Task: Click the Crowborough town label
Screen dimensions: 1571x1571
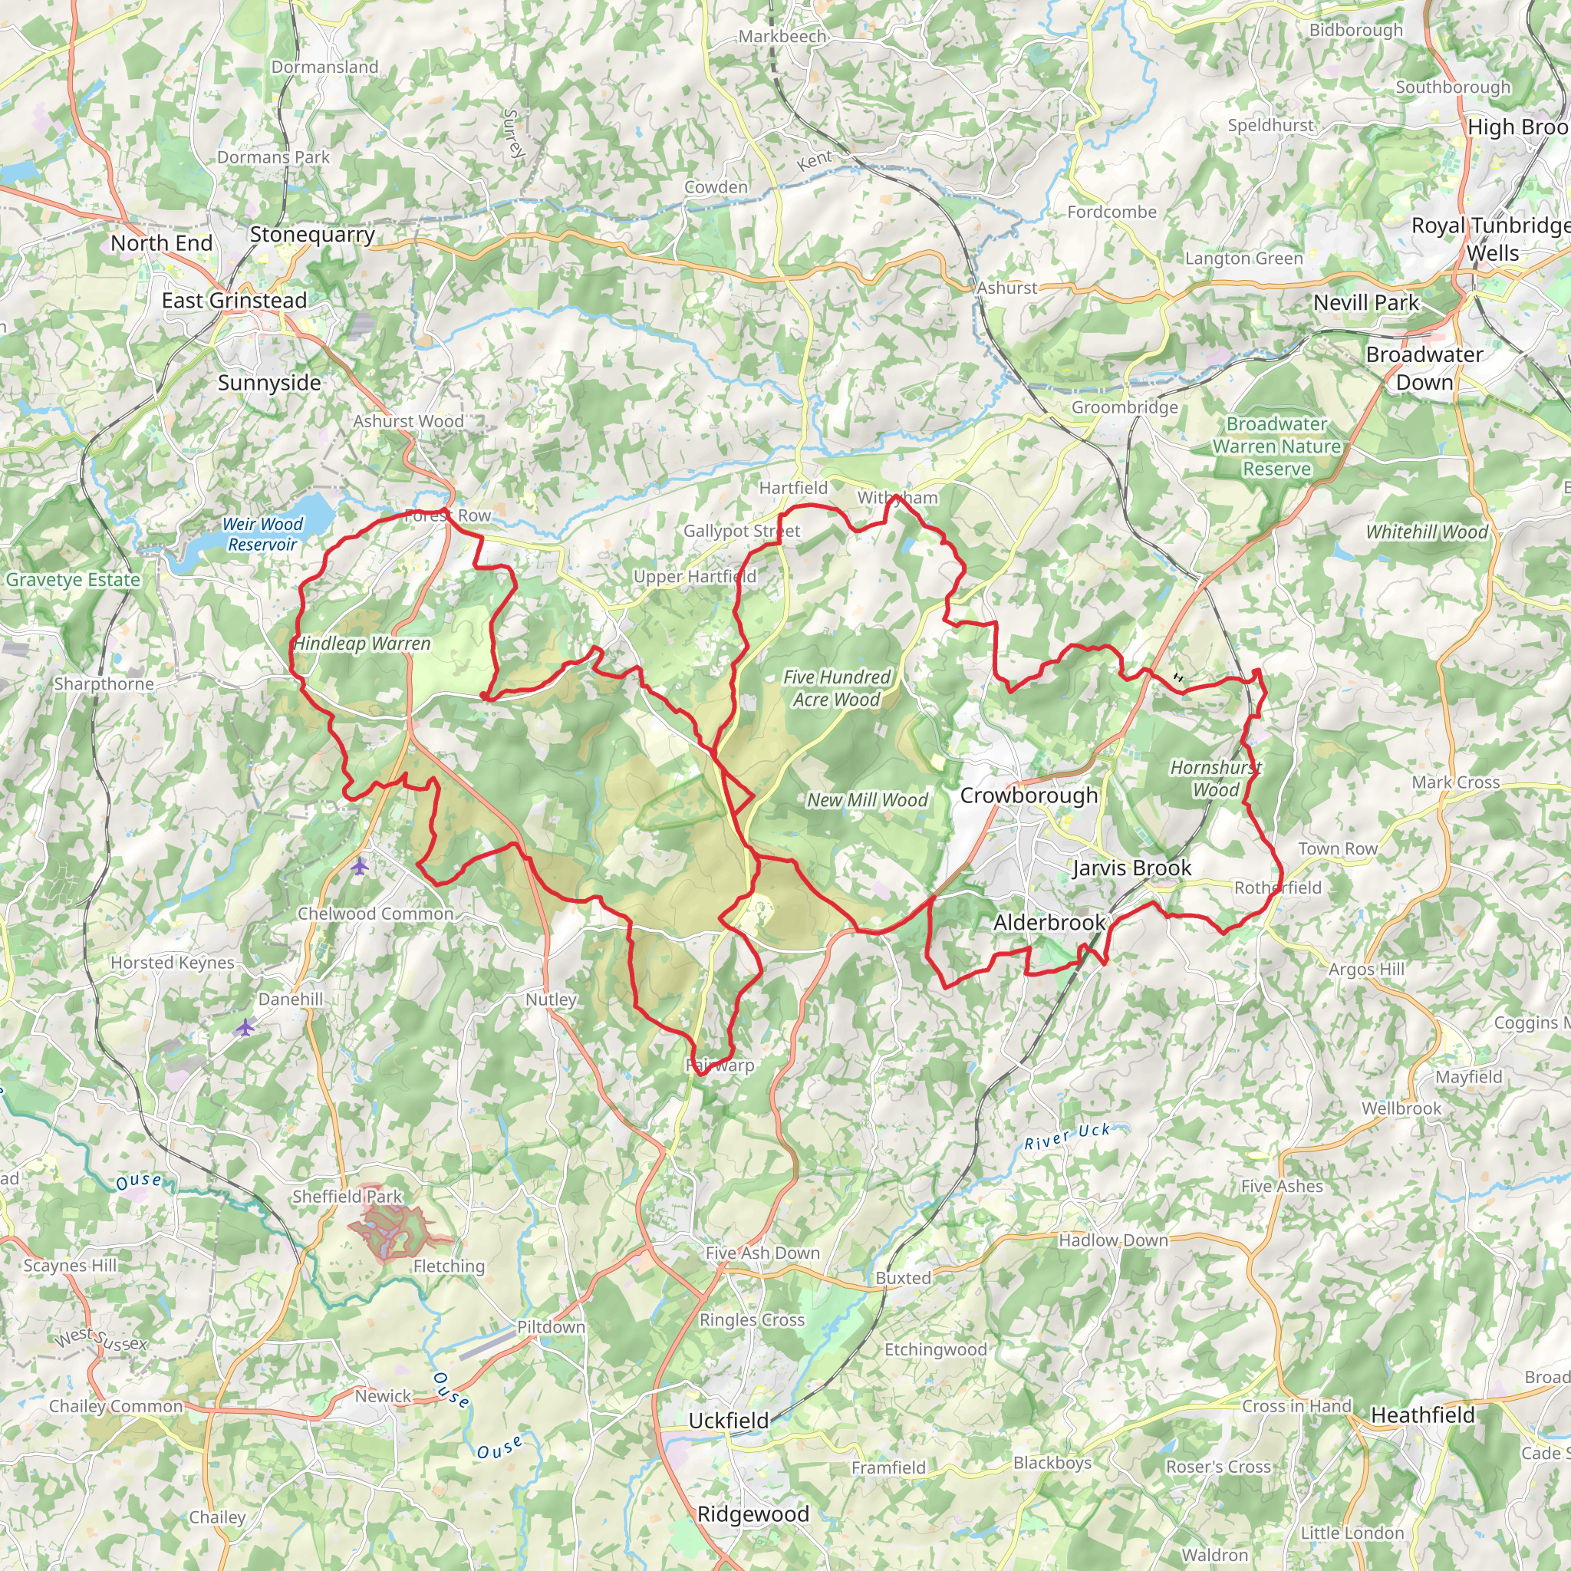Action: (1029, 795)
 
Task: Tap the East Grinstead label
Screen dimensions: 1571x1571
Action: (234, 301)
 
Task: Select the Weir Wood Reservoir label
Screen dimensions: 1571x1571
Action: (262, 534)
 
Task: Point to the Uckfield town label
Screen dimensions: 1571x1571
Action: (729, 1421)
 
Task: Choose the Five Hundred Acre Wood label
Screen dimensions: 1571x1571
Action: (837, 688)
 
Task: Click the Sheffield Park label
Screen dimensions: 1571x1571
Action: (347, 1196)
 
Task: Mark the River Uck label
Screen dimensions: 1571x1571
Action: (1066, 1137)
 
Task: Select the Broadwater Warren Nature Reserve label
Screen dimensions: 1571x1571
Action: (1276, 446)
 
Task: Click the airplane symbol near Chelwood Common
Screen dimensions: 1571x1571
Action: (360, 867)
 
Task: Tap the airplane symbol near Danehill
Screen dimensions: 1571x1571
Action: (245, 1028)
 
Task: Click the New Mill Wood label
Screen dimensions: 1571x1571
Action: (867, 800)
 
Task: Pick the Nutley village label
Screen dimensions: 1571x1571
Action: (551, 1000)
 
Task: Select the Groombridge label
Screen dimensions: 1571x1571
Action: (1125, 407)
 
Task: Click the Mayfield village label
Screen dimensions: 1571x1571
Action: (1468, 1076)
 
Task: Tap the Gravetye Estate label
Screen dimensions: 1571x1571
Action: (73, 580)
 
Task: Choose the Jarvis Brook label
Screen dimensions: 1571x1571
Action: (1132, 868)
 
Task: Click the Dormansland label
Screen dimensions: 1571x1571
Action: (324, 67)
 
